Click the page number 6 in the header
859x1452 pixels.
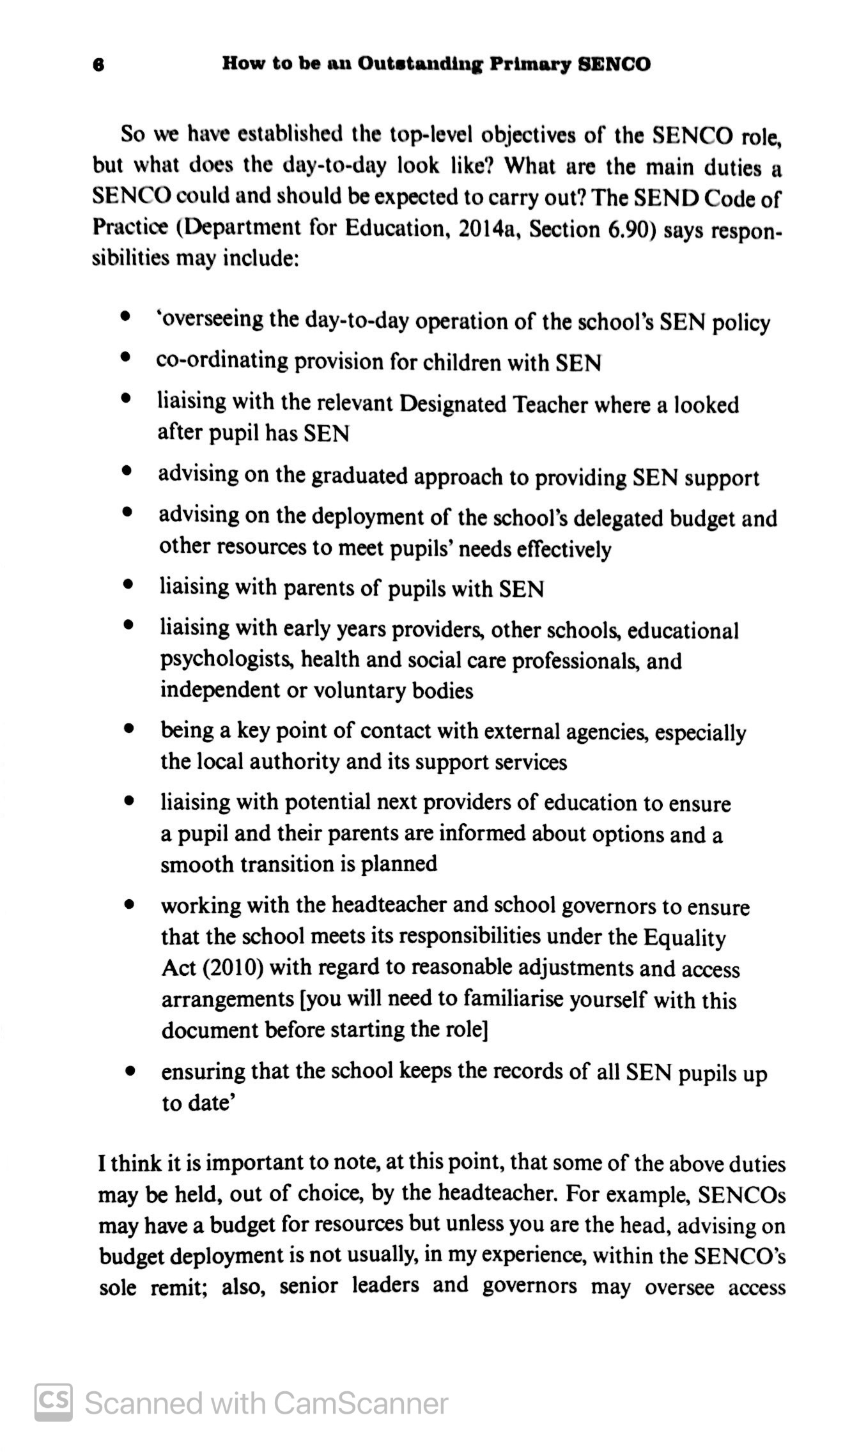(98, 65)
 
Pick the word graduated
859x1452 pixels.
(351, 477)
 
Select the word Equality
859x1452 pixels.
(685, 938)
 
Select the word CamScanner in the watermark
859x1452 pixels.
(360, 1403)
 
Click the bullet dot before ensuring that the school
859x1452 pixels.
(130, 1069)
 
